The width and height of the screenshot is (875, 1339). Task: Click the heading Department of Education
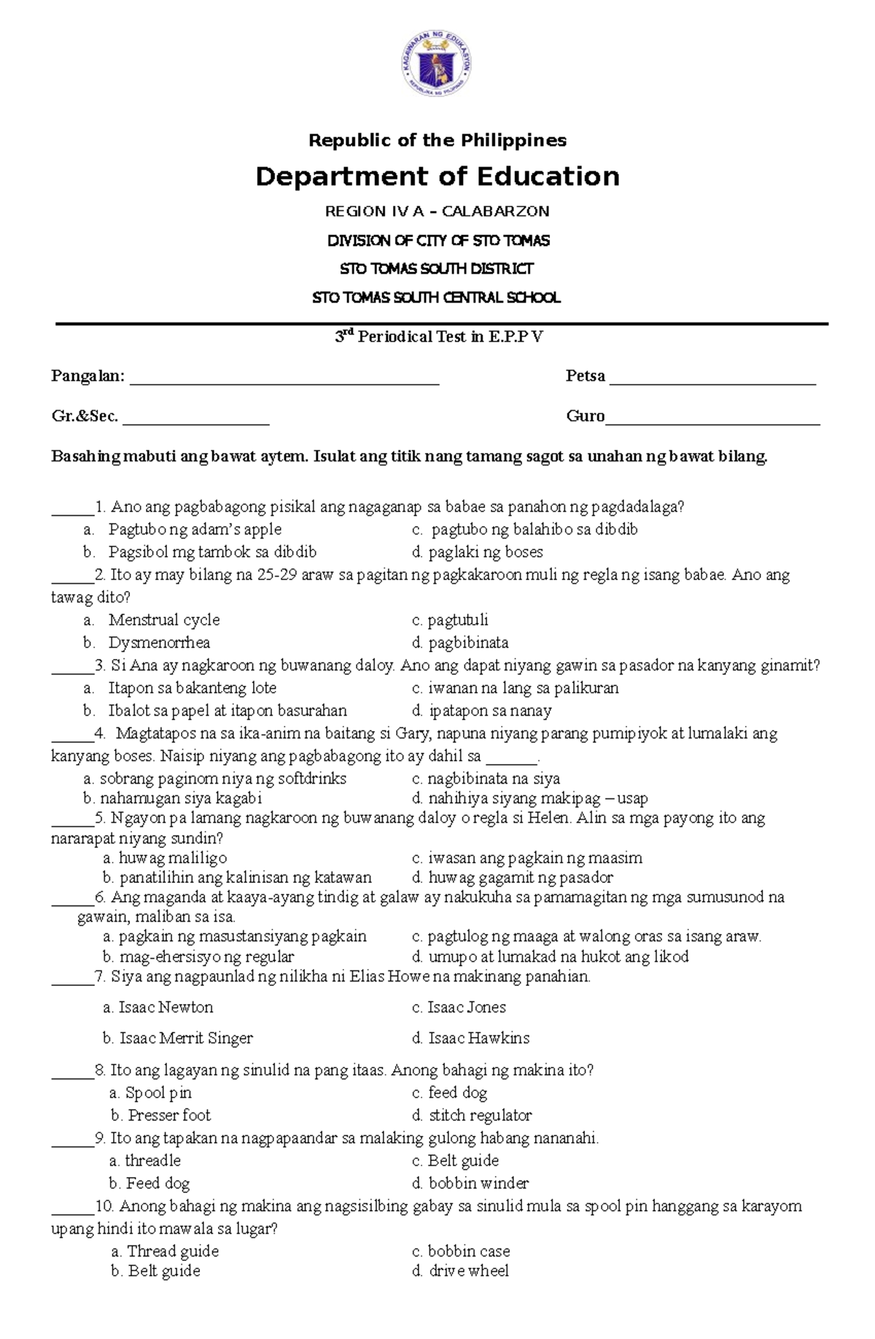[437, 177]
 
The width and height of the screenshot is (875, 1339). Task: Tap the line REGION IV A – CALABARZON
[437, 212]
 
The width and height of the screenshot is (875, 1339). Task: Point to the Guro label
[585, 416]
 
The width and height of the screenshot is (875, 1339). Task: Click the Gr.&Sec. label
[85, 416]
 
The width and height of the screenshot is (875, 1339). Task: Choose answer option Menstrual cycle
[163, 620]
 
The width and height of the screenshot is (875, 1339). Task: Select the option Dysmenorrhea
[159, 642]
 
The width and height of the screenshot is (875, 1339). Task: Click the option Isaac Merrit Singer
[185, 1038]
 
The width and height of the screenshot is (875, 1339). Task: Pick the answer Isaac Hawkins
[478, 1038]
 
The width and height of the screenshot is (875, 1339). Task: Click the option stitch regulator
[479, 1115]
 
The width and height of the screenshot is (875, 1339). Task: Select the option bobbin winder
[478, 1183]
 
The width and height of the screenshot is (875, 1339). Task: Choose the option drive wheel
[467, 1270]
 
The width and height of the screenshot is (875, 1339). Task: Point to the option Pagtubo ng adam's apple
[195, 529]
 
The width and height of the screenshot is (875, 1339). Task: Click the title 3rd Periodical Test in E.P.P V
[438, 336]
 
